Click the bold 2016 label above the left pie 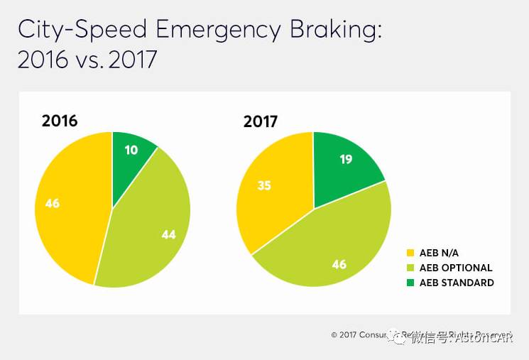60,120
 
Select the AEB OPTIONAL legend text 456,268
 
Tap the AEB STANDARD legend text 456,283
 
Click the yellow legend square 410,253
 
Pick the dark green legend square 410,283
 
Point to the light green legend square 410,268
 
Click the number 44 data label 168,234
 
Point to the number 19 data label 347,160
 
